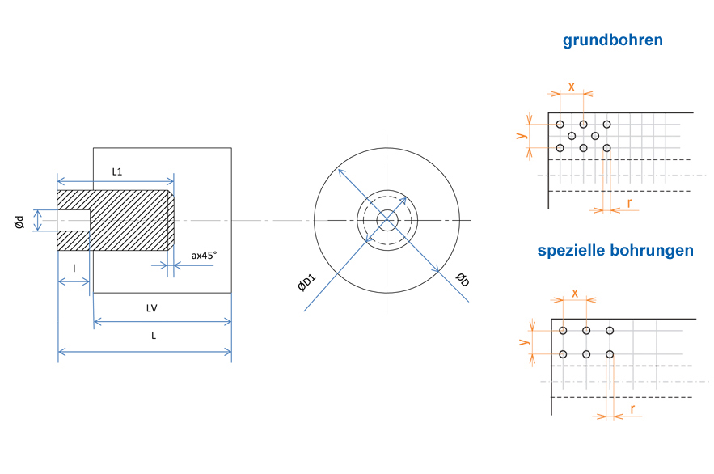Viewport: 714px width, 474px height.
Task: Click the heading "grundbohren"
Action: point(612,40)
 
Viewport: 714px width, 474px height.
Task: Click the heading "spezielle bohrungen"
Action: point(615,251)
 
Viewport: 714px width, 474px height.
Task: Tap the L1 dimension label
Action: point(117,171)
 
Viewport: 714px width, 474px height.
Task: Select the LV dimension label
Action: point(152,308)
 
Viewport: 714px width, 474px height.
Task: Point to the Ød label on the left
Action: point(19,222)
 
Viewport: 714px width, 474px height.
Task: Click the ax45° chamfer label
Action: point(204,256)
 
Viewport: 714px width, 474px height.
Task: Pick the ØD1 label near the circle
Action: point(306,282)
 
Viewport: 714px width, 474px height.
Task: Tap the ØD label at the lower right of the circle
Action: point(463,280)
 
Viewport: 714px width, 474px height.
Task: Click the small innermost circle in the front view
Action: point(387,210)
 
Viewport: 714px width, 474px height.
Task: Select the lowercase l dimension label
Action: point(74,269)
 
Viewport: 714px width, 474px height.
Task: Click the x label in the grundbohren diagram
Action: point(572,87)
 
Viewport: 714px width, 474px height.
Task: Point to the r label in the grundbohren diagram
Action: point(629,203)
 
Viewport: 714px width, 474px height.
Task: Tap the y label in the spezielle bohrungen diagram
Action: point(524,341)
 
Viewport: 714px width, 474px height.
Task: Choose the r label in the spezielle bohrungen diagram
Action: point(632,409)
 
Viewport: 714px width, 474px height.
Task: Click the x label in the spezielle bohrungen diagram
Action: point(575,294)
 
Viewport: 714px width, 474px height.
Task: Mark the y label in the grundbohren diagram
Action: point(522,135)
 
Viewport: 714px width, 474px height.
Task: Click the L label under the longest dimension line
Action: point(154,336)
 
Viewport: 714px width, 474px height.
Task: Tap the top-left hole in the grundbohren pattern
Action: point(560,125)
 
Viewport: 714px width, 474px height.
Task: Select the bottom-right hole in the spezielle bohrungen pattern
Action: point(610,354)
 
